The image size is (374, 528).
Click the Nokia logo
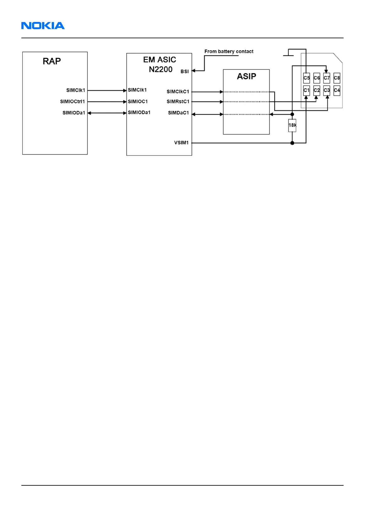[x=43, y=26]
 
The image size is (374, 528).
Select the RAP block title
[x=52, y=61]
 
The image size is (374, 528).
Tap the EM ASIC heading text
[x=160, y=60]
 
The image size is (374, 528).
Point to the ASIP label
[x=247, y=76]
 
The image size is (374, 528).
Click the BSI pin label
[x=185, y=71]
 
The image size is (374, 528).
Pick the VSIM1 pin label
[x=182, y=143]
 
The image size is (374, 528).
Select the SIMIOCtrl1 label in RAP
[x=73, y=102]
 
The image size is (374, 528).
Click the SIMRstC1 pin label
[x=178, y=102]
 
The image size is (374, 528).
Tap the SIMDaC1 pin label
[x=178, y=113]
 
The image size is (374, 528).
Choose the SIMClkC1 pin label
[x=178, y=92]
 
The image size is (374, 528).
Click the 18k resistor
[x=292, y=125]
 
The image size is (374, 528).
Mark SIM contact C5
[x=306, y=78]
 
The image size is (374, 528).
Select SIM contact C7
[x=327, y=78]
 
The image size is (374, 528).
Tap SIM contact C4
[x=337, y=90]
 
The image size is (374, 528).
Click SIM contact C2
[x=317, y=90]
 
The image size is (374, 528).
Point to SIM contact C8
[x=337, y=78]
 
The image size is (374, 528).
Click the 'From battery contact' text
[x=229, y=51]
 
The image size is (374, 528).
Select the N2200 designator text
[x=161, y=69]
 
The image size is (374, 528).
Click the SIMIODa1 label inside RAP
[x=74, y=113]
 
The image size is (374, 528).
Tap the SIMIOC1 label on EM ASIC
[x=138, y=102]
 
